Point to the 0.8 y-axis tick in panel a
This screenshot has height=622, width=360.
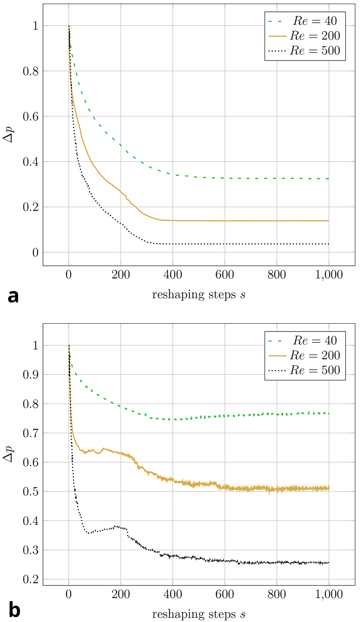pyautogui.click(x=31, y=71)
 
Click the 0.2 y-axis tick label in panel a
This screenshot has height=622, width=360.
pyautogui.click(x=31, y=207)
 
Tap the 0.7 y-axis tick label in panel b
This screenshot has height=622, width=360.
pyautogui.click(x=31, y=433)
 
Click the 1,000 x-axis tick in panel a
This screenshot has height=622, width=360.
pyautogui.click(x=329, y=275)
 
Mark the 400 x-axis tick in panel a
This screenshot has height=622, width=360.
pyautogui.click(x=173, y=275)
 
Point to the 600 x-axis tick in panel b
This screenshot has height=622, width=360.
pyautogui.click(x=225, y=594)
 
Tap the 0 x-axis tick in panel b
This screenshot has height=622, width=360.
pyautogui.click(x=69, y=594)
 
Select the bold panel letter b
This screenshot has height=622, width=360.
pyautogui.click(x=14, y=610)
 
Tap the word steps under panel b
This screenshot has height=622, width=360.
pyautogui.click(x=217, y=614)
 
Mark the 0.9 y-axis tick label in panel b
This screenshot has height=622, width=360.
pyautogui.click(x=31, y=375)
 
